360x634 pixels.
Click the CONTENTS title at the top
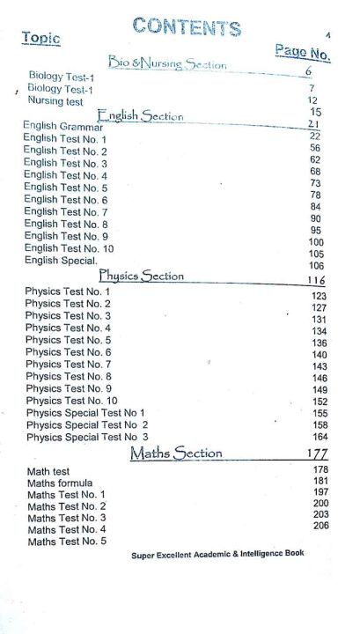tap(187, 27)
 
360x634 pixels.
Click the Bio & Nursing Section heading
tap(167, 63)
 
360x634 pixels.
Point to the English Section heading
tap(140, 115)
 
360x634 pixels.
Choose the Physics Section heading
tap(142, 276)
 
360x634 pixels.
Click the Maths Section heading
tap(176, 453)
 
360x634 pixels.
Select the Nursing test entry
tap(56, 100)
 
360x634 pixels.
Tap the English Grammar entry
tap(63, 127)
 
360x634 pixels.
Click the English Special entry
tap(61, 261)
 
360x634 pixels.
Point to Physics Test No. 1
tap(68, 291)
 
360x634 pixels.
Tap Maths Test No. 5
tap(67, 542)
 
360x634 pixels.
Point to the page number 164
tap(320, 437)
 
